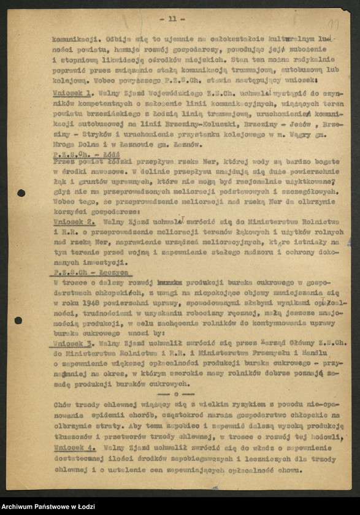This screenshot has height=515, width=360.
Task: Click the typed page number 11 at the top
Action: point(176,18)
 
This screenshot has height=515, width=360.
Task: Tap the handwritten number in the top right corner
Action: point(334,24)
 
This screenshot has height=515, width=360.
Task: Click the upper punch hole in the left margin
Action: point(21,193)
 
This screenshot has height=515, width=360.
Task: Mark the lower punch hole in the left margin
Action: point(18,320)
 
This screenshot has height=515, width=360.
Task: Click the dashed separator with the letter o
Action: point(176,394)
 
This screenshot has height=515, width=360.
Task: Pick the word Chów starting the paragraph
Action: point(63,405)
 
